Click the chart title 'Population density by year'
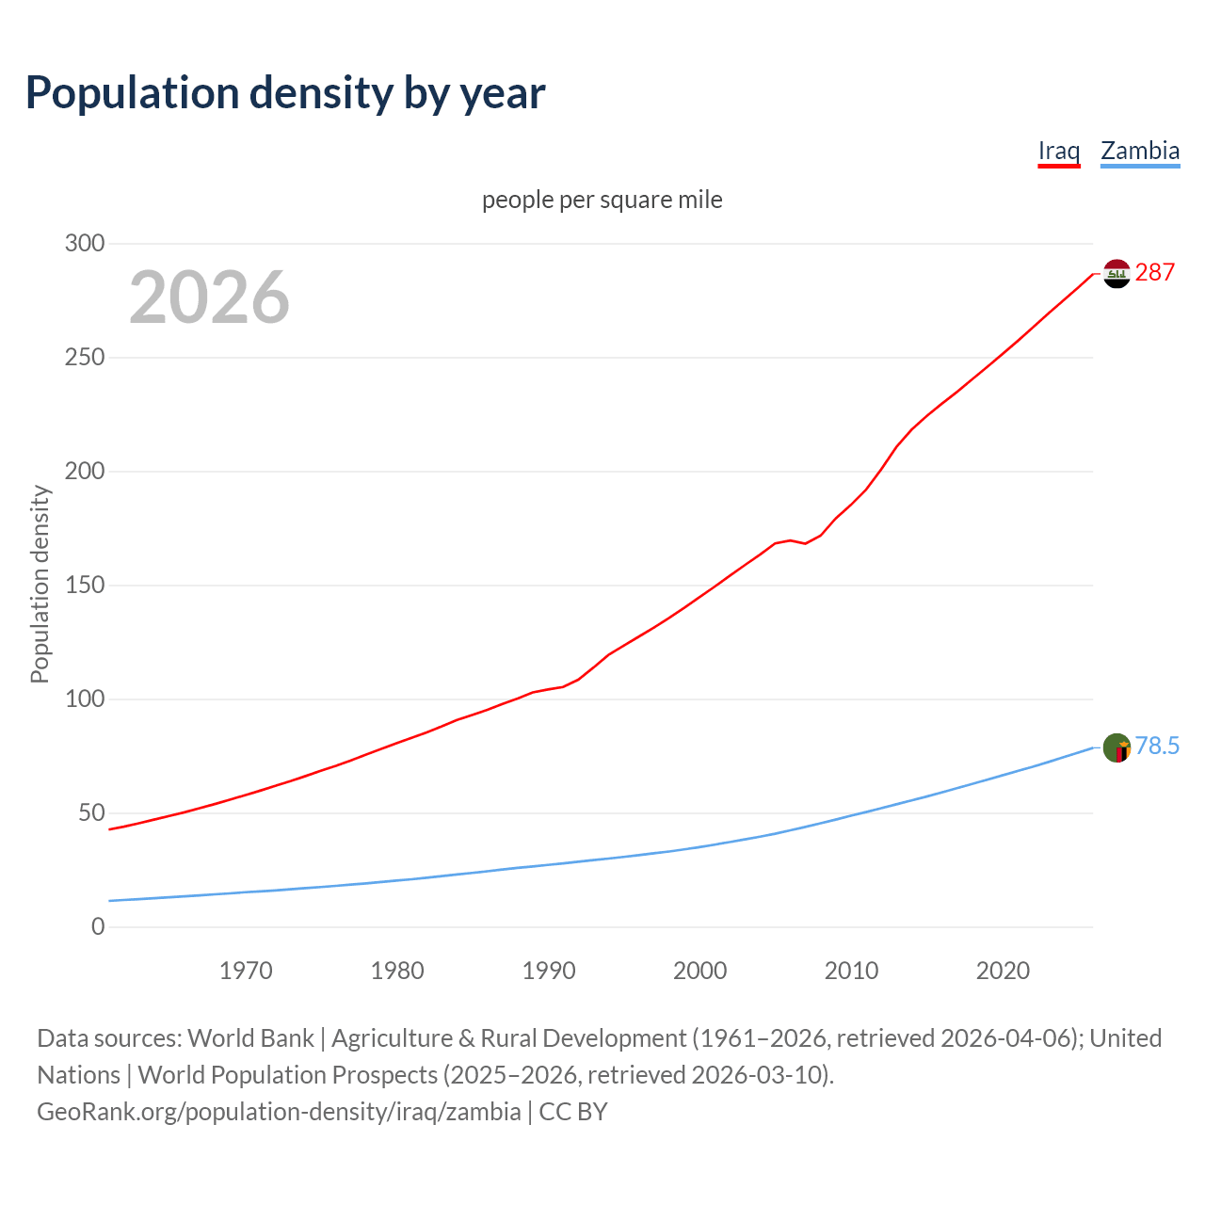pyautogui.click(x=285, y=92)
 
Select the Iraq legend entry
pyautogui.click(x=1058, y=151)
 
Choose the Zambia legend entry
pyautogui.click(x=1139, y=151)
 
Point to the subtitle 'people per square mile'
pyautogui.click(x=602, y=200)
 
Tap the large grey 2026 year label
pyautogui.click(x=209, y=297)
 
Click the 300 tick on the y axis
pyautogui.click(x=85, y=244)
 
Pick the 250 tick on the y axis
pyautogui.click(x=85, y=358)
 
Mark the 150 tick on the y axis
pyautogui.click(x=85, y=586)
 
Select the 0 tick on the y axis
pyautogui.click(x=98, y=927)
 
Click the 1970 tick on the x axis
pyautogui.click(x=246, y=971)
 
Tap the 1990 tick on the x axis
pyautogui.click(x=549, y=971)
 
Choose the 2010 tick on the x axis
pyautogui.click(x=851, y=971)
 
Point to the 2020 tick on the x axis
pyautogui.click(x=1003, y=971)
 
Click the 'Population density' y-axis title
pyautogui.click(x=40, y=584)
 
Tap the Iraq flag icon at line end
pyautogui.click(x=1117, y=274)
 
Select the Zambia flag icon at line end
pyautogui.click(x=1117, y=747)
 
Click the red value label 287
pyautogui.click(x=1155, y=273)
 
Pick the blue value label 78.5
pyautogui.click(x=1157, y=747)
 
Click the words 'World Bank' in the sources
pyautogui.click(x=250, y=1038)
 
